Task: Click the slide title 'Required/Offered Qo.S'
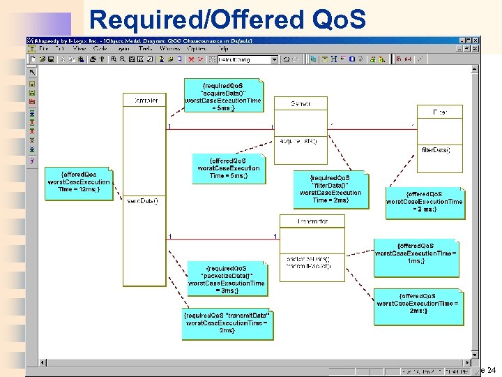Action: tap(227, 20)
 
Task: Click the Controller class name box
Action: tap(145, 101)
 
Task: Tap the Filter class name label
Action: tap(440, 112)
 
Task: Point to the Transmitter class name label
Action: tap(312, 221)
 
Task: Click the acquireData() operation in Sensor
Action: tap(298, 141)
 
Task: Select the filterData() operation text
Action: tap(436, 149)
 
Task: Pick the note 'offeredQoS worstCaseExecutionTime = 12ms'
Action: tap(79, 183)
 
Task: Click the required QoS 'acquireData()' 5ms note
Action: tap(223, 95)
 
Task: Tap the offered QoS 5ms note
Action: tap(229, 168)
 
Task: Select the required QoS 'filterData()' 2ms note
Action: tap(330, 189)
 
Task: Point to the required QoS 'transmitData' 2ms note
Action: tap(227, 324)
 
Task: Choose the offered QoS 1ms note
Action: tap(416, 253)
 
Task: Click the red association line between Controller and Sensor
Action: tap(220, 129)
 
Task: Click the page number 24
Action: tap(491, 370)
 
